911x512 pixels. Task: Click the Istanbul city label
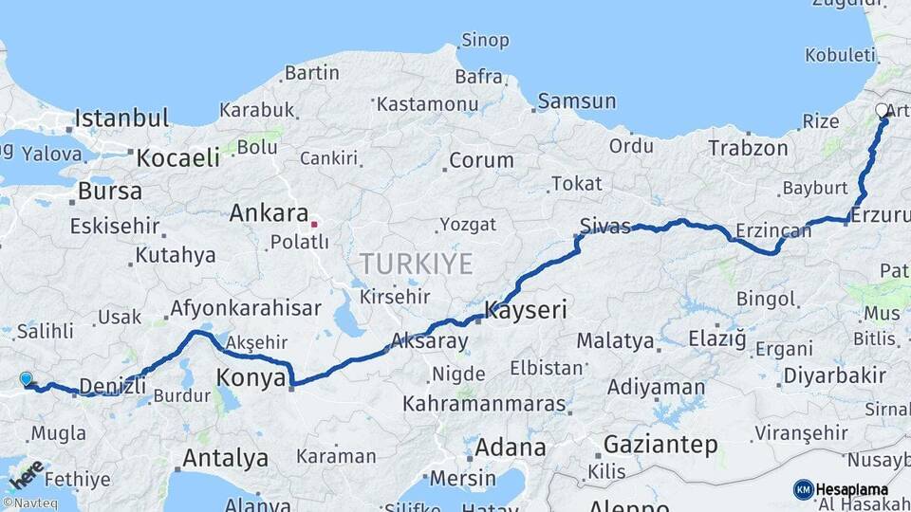click(121, 119)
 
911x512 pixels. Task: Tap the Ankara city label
click(269, 213)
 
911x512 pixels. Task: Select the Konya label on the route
click(251, 378)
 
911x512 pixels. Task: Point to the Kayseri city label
click(526, 309)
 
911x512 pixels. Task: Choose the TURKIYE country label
click(416, 264)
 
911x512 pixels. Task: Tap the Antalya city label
click(225, 459)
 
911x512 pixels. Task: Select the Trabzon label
click(748, 148)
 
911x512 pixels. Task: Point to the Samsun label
click(576, 101)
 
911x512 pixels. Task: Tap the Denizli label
click(112, 385)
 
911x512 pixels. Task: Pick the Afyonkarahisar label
click(246, 309)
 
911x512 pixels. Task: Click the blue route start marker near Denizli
click(26, 379)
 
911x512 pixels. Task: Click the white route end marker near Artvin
click(882, 111)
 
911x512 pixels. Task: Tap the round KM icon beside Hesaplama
click(803, 489)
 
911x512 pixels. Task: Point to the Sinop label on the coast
click(485, 40)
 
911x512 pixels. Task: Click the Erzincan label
click(774, 230)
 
